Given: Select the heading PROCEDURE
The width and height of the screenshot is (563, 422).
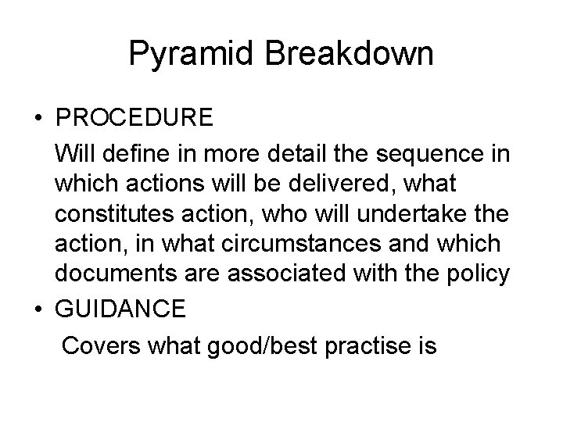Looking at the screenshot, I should pos(134,118).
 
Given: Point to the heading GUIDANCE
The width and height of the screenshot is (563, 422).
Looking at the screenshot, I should pos(120,309).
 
